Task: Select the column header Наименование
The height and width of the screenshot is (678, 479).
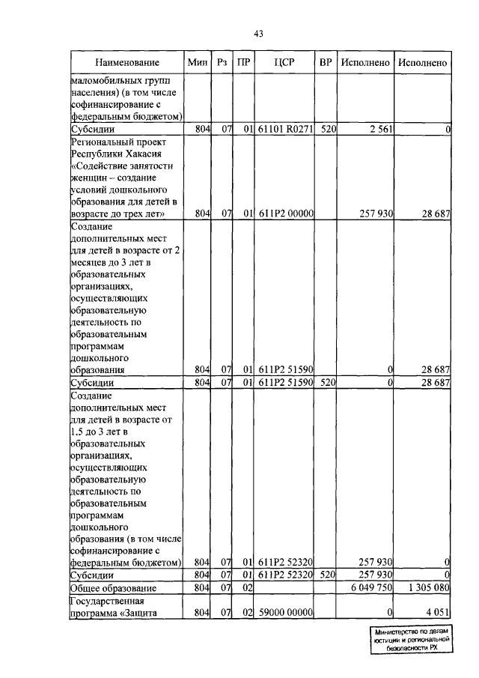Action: pyautogui.click(x=127, y=63)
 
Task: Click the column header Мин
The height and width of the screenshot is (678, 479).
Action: pyautogui.click(x=198, y=63)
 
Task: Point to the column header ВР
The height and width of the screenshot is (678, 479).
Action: pyautogui.click(x=326, y=63)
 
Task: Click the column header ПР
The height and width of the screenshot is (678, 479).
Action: pyautogui.click(x=243, y=63)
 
